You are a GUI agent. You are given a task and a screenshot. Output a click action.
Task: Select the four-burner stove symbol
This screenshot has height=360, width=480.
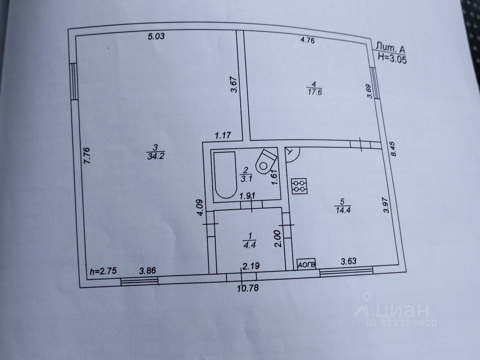[299, 186]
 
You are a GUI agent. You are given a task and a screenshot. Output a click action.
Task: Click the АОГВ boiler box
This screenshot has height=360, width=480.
[307, 264]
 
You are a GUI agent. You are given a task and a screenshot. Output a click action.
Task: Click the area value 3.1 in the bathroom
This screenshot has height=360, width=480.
[246, 179]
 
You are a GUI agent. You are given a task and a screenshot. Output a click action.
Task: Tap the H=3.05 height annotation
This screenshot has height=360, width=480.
[392, 58]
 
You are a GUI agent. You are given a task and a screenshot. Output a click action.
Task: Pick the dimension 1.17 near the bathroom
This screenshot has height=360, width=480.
[223, 135]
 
